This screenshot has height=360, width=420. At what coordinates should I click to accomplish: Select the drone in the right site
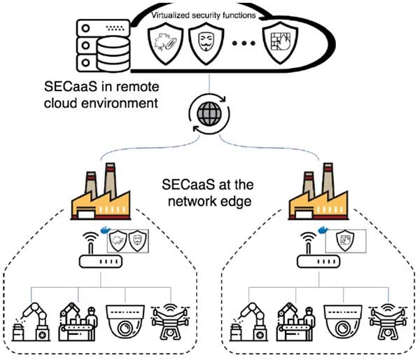point(384,321)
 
